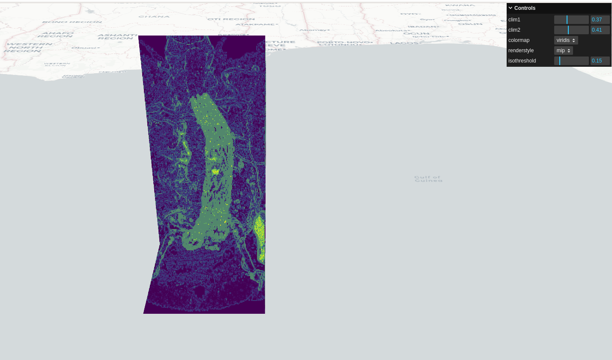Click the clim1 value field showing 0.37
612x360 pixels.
(x=600, y=20)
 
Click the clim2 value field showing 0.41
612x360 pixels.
(x=600, y=30)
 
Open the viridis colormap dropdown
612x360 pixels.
(x=566, y=40)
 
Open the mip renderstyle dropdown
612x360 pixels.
(x=563, y=51)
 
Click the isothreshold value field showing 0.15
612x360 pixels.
(x=600, y=61)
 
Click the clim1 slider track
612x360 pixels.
(x=571, y=20)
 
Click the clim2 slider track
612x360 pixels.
(x=571, y=30)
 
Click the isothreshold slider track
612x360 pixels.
(x=571, y=61)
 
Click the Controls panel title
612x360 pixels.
(x=525, y=8)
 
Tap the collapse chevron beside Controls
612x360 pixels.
(x=510, y=8)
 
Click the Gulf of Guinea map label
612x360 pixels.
(x=428, y=179)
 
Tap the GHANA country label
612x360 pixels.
(x=154, y=17)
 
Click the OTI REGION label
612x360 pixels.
(x=231, y=19)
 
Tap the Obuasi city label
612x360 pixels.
(x=85, y=48)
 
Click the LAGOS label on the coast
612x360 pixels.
(x=404, y=43)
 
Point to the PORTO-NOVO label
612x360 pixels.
(x=343, y=42)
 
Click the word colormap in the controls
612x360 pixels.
(x=519, y=40)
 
